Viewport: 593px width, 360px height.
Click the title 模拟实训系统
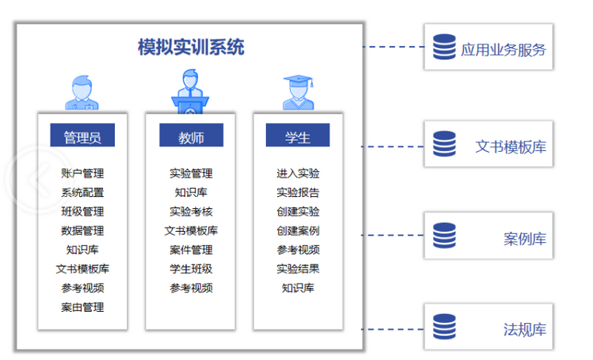click(191, 48)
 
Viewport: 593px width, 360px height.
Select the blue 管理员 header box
click(82, 136)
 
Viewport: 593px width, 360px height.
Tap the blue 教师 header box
click(191, 136)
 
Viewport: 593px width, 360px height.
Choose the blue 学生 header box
click(297, 136)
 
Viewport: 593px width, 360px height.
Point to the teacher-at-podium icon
click(191, 90)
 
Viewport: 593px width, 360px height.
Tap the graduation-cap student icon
click(298, 92)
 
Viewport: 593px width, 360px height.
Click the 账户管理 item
click(82, 173)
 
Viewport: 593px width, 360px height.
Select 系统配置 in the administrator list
click(82, 193)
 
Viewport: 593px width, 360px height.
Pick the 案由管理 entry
click(82, 307)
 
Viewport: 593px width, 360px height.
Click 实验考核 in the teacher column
click(191, 211)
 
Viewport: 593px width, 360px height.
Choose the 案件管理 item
click(191, 250)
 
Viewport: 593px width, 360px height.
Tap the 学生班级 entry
click(191, 269)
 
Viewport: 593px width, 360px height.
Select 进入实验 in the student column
click(298, 173)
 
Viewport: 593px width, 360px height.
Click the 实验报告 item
click(298, 193)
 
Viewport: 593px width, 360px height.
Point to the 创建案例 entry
click(298, 230)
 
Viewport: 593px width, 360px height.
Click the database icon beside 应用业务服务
click(445, 47)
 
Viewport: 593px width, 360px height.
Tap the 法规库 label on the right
click(525, 330)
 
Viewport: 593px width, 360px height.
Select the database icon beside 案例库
click(445, 236)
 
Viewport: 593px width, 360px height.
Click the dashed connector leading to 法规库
click(393, 329)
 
